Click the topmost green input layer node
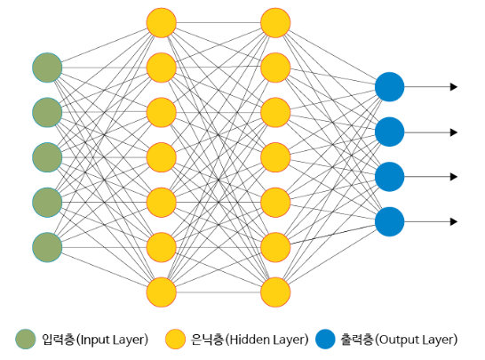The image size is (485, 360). coord(47,68)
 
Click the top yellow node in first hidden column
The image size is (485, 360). coord(162,23)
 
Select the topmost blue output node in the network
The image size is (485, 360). coord(389,87)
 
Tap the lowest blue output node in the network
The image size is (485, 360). coord(389,221)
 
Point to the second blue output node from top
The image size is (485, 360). coord(389,132)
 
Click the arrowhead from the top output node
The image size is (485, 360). coord(454,87)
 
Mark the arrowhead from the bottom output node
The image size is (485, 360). coord(454,221)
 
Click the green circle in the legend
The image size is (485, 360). coord(27,340)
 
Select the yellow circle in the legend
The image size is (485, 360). coord(176,340)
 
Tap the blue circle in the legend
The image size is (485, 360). coord(325,340)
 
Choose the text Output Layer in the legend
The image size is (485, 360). coord(417,340)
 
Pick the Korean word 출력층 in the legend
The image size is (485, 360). coord(357,340)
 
